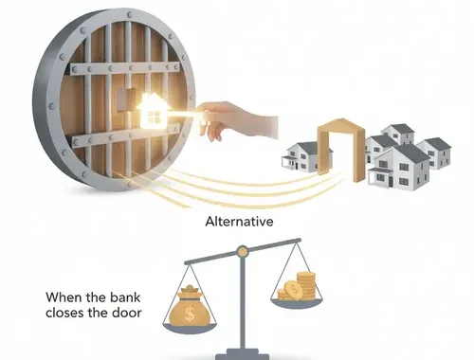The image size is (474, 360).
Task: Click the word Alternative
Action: pos(239,222)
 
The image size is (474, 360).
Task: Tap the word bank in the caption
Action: pos(125,297)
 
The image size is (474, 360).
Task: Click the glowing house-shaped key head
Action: pos(152,111)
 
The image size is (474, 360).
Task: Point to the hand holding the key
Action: pos(237,121)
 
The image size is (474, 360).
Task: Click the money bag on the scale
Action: pos(190,306)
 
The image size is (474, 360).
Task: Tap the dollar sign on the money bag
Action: pos(190,314)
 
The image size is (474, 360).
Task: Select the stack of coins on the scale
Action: pos(297,287)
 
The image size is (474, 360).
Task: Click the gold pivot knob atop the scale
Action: pos(243,251)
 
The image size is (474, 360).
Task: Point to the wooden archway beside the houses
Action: pos(341,149)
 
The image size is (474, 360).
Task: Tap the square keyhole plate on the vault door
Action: pos(126,100)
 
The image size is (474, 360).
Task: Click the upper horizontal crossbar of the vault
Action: pos(125,68)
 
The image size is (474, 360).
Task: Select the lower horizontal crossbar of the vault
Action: pos(126,136)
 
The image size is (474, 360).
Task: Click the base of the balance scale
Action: pos(243,354)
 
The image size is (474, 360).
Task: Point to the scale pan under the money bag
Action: pos(190,329)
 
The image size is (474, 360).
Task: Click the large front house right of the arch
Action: pos(400,169)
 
